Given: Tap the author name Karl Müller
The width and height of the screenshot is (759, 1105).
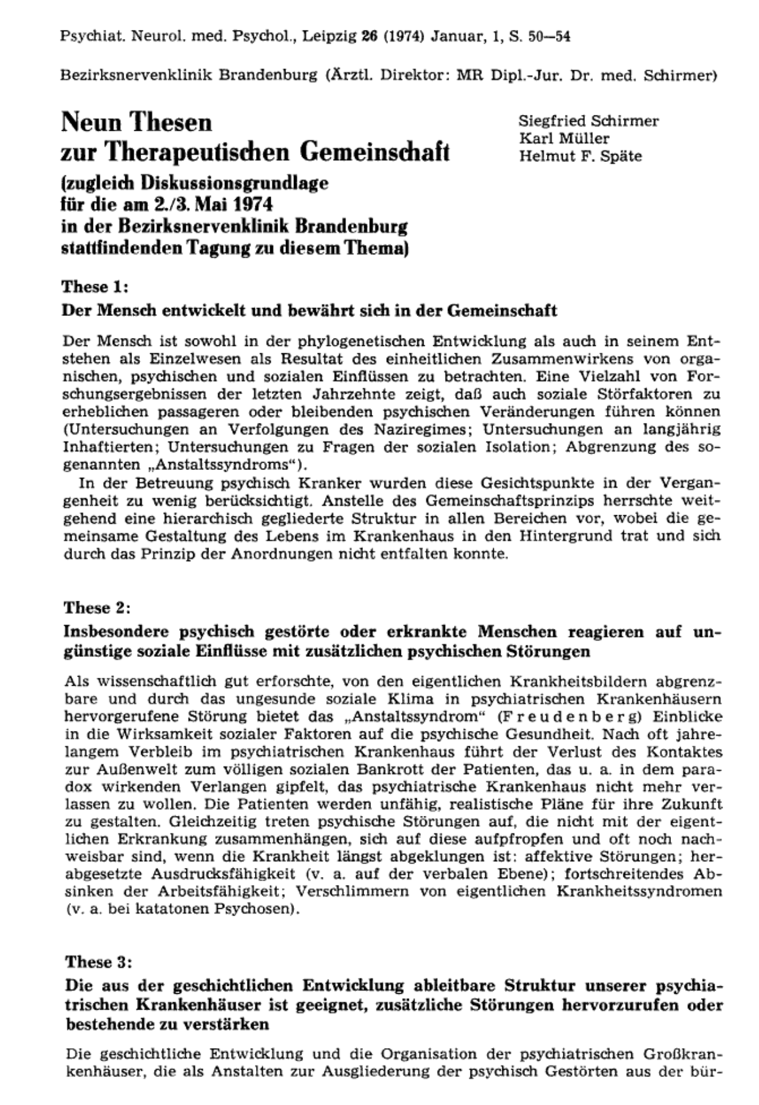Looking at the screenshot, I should coord(564,138).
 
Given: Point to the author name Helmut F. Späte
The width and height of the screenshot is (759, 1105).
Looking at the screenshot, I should coord(580,156).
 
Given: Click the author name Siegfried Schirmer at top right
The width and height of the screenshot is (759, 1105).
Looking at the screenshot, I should coord(588,121).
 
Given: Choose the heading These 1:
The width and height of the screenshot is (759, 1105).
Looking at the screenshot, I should coord(95,287).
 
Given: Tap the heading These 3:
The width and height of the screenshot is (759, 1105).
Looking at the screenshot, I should coord(98,961).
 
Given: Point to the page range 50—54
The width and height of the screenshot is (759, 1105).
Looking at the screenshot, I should coord(550,37).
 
